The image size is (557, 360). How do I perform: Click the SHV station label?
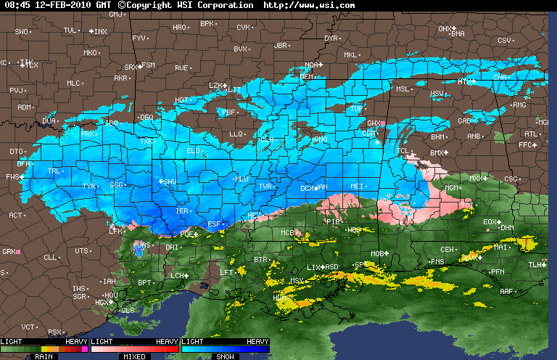point(170,181)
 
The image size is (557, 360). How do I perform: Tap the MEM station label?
point(307,76)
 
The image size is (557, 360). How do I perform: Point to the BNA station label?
point(458,33)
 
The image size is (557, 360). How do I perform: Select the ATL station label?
point(531,134)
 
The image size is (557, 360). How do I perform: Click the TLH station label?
point(535,265)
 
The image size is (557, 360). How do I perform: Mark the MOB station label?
point(377,253)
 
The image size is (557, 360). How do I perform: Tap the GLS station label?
point(128,310)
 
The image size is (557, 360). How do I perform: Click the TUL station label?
point(70,30)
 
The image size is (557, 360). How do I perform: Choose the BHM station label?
point(438,136)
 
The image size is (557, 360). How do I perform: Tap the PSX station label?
point(55,332)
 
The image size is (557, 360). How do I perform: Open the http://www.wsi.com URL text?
point(310,5)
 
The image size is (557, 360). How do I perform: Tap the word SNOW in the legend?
point(226,356)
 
